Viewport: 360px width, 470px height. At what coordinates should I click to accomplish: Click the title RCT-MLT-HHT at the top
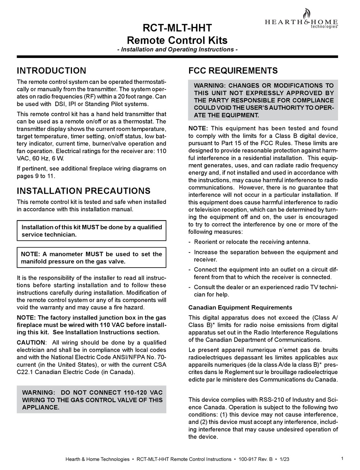pos(177,28)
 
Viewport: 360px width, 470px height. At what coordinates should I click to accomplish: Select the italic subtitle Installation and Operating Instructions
pos(177,49)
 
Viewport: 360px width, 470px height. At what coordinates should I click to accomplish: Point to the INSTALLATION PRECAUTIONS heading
pos(83,191)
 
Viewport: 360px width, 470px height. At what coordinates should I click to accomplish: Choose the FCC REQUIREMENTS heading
pos(233,70)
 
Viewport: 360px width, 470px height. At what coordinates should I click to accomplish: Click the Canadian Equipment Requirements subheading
pos(240,307)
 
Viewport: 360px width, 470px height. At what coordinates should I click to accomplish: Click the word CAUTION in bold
pos(31,343)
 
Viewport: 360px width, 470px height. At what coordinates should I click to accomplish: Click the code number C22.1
pos(27,372)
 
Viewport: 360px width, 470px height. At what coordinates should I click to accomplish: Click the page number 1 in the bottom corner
pos(342,459)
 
